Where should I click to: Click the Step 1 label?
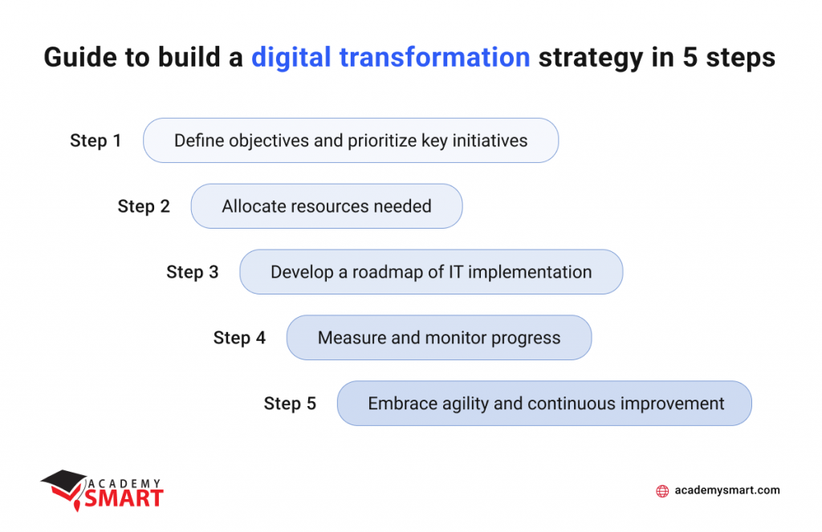point(96,140)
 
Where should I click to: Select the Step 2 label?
point(144,206)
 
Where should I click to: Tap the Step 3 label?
point(193,272)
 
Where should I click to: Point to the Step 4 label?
point(239,338)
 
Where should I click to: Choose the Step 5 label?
point(290,404)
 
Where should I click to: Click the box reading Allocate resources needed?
point(327,206)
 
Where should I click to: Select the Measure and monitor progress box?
point(439,338)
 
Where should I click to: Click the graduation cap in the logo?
point(64,482)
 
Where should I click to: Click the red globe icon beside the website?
point(662,491)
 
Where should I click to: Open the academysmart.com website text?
point(727,490)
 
